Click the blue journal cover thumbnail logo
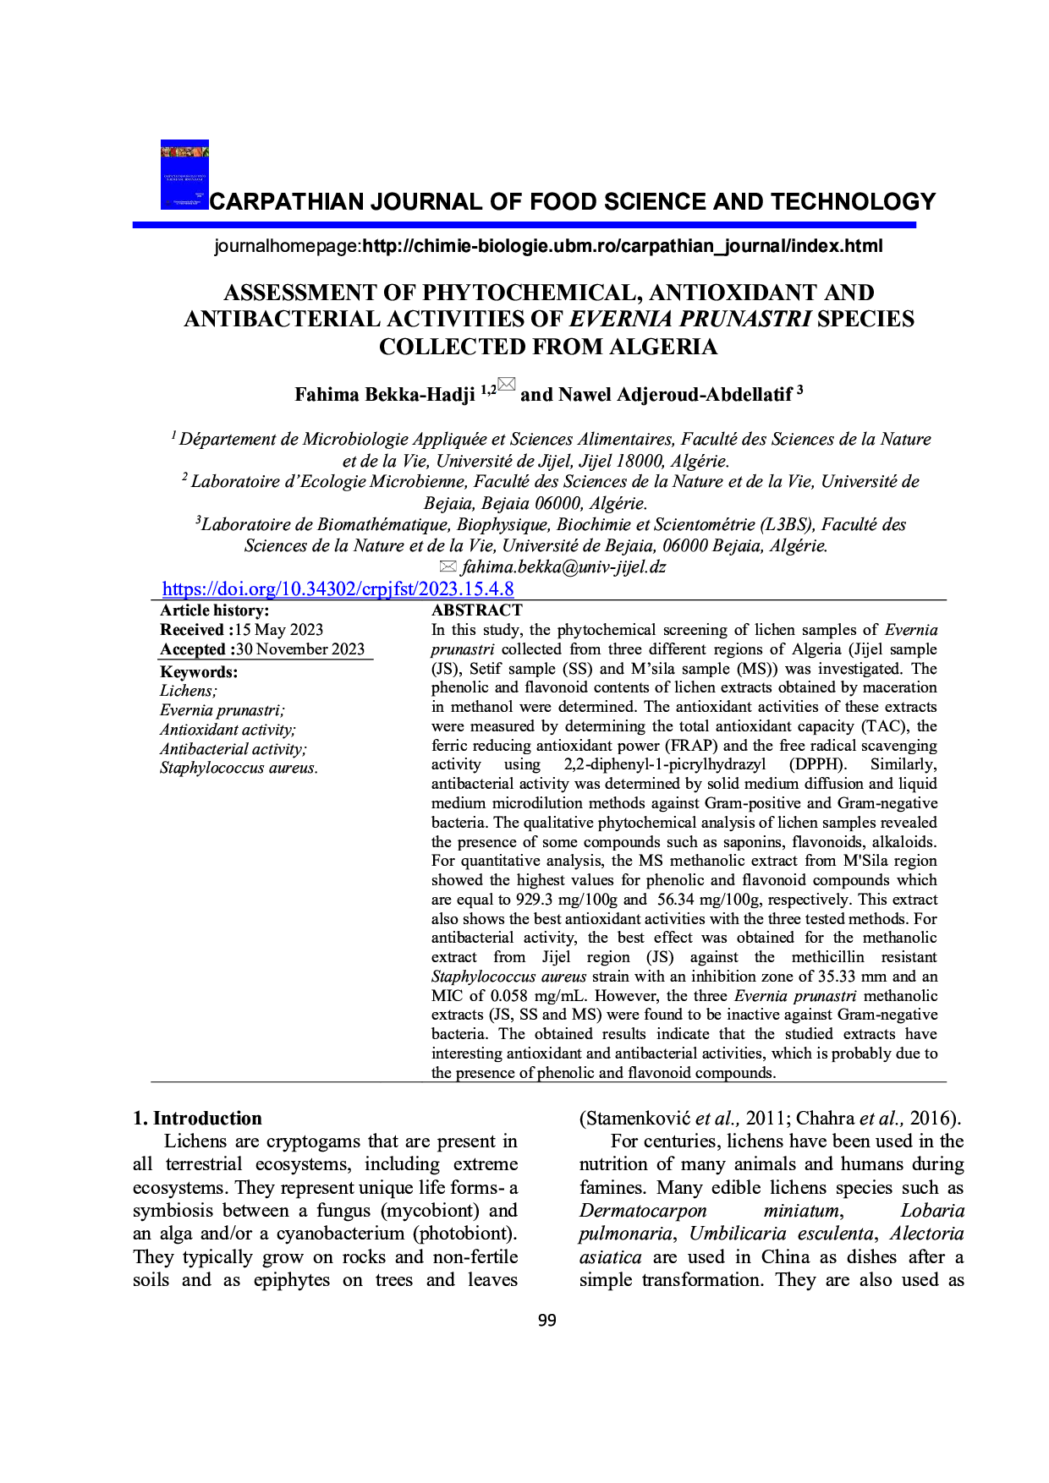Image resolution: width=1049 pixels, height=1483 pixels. tap(184, 174)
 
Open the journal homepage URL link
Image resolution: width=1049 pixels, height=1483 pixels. tap(622, 246)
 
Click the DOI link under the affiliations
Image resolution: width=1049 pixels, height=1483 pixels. tap(338, 589)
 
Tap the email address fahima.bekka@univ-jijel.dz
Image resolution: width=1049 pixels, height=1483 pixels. tap(563, 567)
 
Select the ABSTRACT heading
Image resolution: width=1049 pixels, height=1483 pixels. tap(477, 610)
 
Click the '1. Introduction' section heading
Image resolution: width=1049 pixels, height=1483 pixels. tap(197, 1118)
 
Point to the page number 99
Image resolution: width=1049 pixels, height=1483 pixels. tap(547, 1321)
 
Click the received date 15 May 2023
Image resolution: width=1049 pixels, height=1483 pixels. tap(279, 630)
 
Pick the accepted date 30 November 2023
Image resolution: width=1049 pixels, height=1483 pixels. tap(300, 649)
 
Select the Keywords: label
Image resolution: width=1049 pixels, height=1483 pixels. tap(199, 672)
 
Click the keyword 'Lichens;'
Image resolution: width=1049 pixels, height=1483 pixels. tap(189, 691)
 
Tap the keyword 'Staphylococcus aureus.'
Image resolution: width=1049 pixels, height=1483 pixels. tap(239, 768)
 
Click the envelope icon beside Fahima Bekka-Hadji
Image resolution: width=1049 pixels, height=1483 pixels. tap(506, 386)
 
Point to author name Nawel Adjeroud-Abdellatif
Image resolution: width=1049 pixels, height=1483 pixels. tap(675, 395)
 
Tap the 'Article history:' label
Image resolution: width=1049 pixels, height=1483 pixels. tap(215, 610)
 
